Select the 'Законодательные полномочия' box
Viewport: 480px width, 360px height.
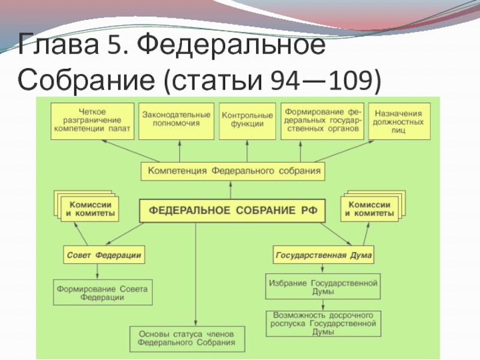point(176,119)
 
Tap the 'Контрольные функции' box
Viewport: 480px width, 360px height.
point(247,119)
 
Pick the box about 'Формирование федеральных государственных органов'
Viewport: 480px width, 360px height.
point(322,120)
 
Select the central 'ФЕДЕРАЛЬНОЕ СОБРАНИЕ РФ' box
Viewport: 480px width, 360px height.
point(229,211)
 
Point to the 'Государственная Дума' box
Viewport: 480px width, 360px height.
point(324,254)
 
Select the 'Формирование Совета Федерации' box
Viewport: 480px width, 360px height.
point(103,293)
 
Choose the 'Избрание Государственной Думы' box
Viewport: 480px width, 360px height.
point(323,286)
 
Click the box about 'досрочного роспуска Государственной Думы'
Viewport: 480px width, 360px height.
point(323,323)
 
